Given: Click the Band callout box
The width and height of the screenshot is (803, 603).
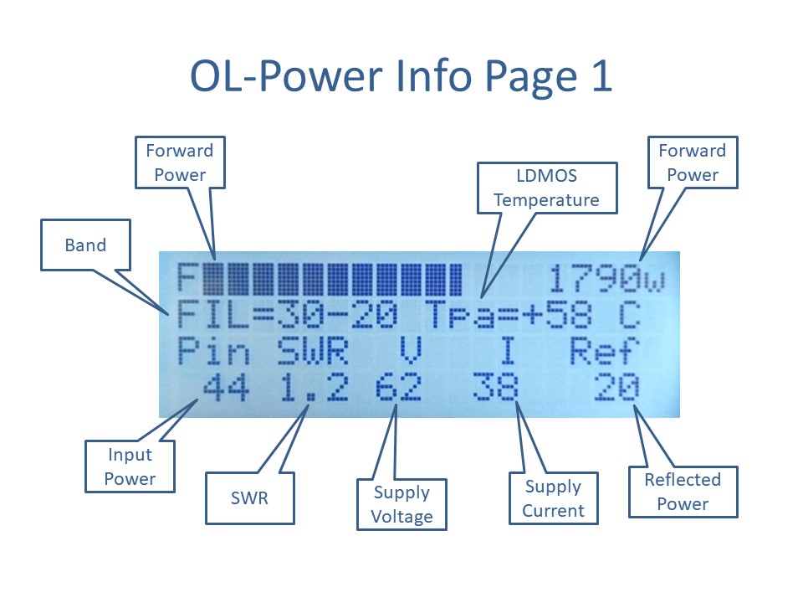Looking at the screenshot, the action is pos(85,245).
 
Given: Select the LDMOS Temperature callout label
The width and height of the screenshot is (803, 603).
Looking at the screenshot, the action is pos(547,188).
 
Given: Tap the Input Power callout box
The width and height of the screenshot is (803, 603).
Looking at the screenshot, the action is pos(130,466).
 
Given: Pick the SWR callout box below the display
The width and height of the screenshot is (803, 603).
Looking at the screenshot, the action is pos(250,497).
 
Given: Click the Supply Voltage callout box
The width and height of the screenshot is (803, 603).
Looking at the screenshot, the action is pos(402,504).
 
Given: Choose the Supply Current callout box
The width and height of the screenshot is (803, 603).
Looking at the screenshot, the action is pos(554,497).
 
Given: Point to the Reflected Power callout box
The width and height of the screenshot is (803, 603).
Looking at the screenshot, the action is pos(683,492).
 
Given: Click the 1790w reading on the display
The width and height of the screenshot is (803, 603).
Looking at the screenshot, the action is pos(607,280).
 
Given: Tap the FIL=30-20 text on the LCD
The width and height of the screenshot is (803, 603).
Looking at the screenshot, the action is pos(287,315).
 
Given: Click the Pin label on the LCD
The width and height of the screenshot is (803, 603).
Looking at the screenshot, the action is pos(213,351).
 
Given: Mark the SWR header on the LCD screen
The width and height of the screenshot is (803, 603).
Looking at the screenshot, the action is pos(313,351).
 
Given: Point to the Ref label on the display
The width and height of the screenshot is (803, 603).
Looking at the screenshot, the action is pos(605,351).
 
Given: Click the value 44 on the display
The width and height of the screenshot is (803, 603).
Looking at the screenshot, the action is pos(226,387).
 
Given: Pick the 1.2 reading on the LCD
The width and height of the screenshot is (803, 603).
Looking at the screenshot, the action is pos(314,387).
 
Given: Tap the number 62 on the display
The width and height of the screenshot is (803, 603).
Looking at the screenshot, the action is pos(398,387).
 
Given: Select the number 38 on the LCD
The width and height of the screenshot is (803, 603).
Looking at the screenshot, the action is pos(494,387).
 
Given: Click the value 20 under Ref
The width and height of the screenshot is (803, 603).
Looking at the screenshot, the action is pos(616,387).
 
